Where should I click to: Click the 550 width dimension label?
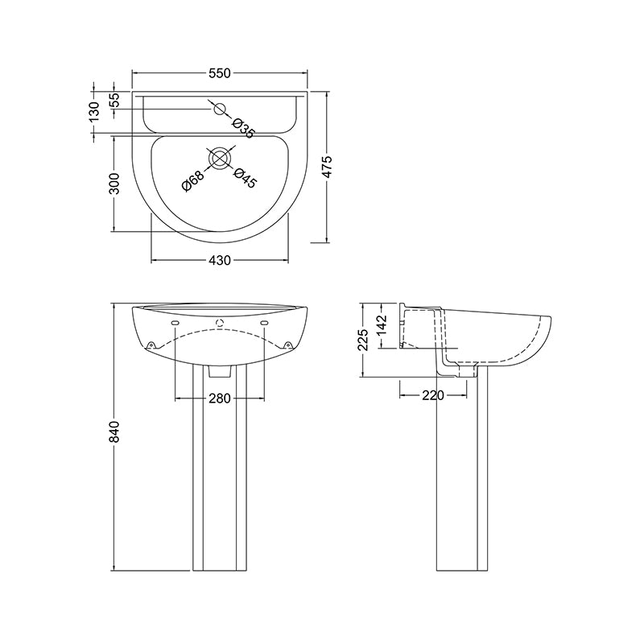point(220,73)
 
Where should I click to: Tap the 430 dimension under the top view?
point(220,260)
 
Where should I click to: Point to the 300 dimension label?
point(114,184)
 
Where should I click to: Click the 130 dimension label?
point(94,110)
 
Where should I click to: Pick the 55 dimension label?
point(114,101)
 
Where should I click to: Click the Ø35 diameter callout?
point(242,127)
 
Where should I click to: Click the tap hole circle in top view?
point(219,109)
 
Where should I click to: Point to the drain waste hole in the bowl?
point(219,159)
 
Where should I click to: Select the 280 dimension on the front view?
point(220,398)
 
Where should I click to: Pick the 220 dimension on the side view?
point(434,395)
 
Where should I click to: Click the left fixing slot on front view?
point(175,323)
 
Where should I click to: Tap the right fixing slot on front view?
point(264,323)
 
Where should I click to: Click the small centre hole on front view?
point(219,324)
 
